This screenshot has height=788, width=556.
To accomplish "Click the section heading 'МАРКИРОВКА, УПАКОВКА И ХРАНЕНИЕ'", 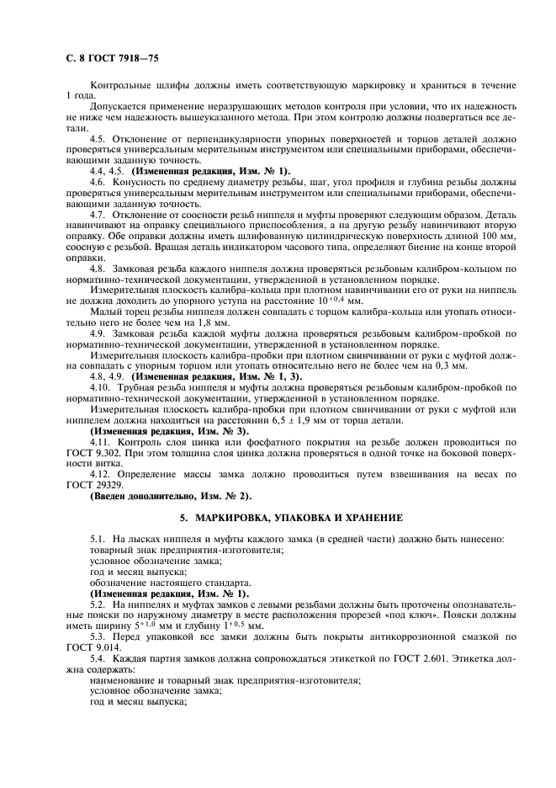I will [290, 516].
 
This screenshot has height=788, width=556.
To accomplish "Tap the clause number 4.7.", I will [99, 215].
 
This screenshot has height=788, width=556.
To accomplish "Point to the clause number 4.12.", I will [101, 473].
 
